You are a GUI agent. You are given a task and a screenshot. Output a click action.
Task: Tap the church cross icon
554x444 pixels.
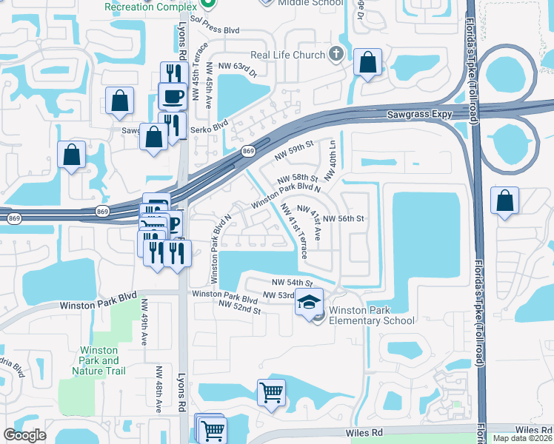[x=336, y=54]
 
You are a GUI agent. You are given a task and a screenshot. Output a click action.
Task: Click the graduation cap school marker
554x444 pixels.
[x=309, y=301]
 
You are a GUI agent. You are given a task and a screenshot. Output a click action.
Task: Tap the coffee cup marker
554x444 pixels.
[x=173, y=95]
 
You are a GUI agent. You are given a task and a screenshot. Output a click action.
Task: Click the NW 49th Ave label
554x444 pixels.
[x=144, y=330]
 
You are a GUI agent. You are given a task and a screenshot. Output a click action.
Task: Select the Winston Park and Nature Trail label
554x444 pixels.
[x=103, y=360]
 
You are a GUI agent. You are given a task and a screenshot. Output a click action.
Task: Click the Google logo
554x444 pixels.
[x=24, y=434]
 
